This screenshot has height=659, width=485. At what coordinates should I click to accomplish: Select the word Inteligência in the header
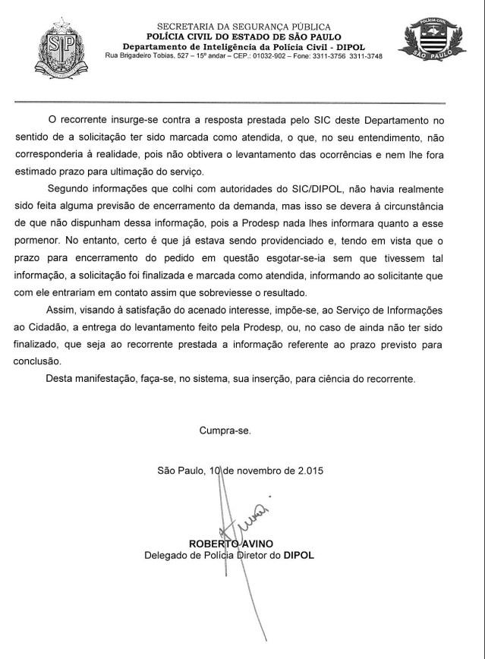[x=225, y=47]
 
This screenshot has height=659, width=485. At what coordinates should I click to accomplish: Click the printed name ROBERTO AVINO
[x=231, y=544]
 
